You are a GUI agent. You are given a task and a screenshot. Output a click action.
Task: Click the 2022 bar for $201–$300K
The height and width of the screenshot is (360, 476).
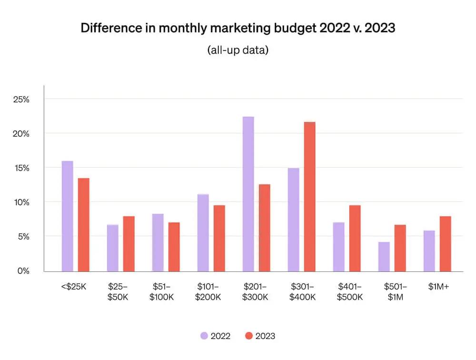[x=248, y=194]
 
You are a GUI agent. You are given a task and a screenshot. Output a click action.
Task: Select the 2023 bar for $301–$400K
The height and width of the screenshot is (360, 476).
[x=310, y=197]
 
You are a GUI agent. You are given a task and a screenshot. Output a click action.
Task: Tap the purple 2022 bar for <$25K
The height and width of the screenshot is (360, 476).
[x=68, y=216]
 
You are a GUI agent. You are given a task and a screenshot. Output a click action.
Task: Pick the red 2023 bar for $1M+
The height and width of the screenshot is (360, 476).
[x=446, y=244]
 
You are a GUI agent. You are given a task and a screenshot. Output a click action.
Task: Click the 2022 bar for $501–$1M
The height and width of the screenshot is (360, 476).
[x=384, y=257]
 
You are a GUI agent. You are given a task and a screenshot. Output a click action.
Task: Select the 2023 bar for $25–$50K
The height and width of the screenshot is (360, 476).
[x=129, y=244]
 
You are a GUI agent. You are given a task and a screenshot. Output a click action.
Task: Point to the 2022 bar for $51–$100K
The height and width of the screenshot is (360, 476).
[x=158, y=242]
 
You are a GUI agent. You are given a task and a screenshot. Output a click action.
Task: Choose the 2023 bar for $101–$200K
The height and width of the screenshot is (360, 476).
[x=219, y=238]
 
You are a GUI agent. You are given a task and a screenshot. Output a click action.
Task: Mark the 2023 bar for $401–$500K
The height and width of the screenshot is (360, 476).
[x=355, y=238]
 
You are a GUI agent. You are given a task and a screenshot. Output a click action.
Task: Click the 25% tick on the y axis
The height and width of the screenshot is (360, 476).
[x=21, y=100]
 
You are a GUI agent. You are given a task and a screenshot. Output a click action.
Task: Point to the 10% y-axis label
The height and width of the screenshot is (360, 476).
[x=21, y=202]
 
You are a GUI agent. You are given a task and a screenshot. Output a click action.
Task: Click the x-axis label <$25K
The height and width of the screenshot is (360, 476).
[x=73, y=287]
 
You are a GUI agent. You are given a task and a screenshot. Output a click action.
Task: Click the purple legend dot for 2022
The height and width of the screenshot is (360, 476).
[x=204, y=336]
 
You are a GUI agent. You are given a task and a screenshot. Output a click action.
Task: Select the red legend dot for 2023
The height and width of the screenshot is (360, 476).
[x=249, y=336]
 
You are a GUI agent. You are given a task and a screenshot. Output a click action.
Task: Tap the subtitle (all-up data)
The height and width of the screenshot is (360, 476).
[x=238, y=50]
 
